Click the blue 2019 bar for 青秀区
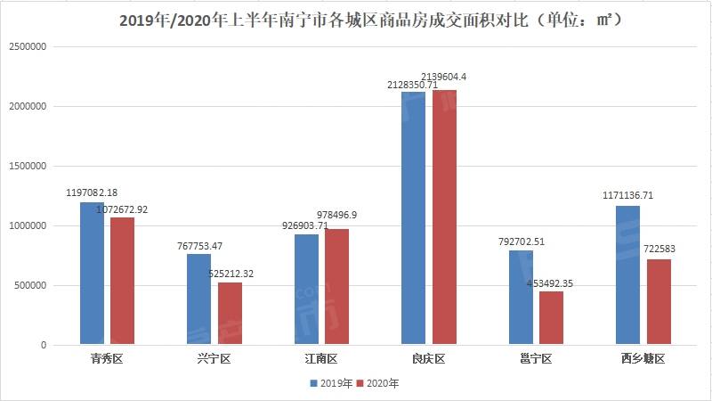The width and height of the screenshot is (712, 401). [x=92, y=273]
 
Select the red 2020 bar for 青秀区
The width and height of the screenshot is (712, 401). [x=122, y=281]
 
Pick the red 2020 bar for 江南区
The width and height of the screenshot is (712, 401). [x=336, y=286]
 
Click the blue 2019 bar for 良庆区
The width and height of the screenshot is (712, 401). [x=413, y=217]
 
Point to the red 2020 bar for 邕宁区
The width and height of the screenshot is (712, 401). [x=551, y=317]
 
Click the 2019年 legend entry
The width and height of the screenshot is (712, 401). [x=331, y=383]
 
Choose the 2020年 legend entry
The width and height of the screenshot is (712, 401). [x=378, y=383]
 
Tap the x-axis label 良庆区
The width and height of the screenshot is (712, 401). [x=427, y=360]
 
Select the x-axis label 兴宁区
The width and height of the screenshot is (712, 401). [x=214, y=360]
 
